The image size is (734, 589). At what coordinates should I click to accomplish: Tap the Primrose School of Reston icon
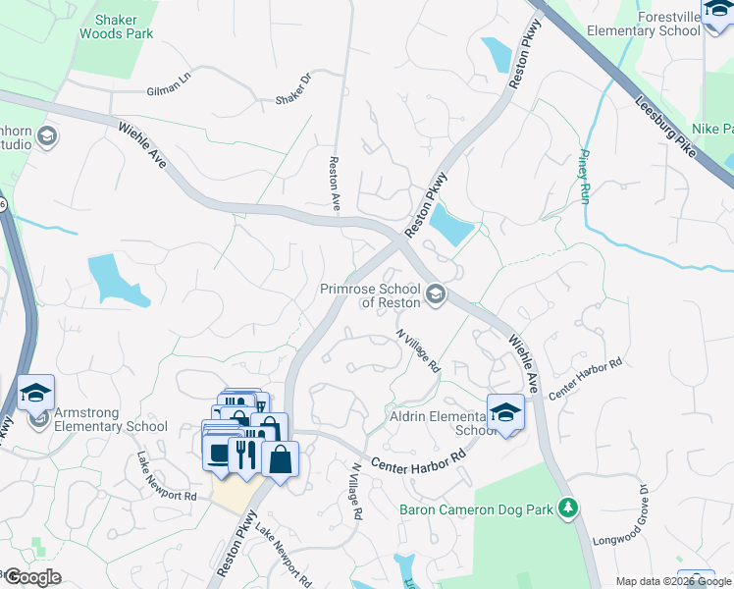coord(435,294)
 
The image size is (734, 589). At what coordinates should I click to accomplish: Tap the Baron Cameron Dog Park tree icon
coord(567,508)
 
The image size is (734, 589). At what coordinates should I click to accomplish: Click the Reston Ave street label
coord(335,185)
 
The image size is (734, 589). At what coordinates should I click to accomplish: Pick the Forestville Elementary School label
coord(644,24)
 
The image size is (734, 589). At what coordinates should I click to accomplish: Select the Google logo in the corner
coord(31,577)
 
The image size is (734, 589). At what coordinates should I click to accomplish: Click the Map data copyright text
coord(672,581)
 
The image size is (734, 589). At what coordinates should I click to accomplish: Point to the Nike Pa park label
coord(712,129)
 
